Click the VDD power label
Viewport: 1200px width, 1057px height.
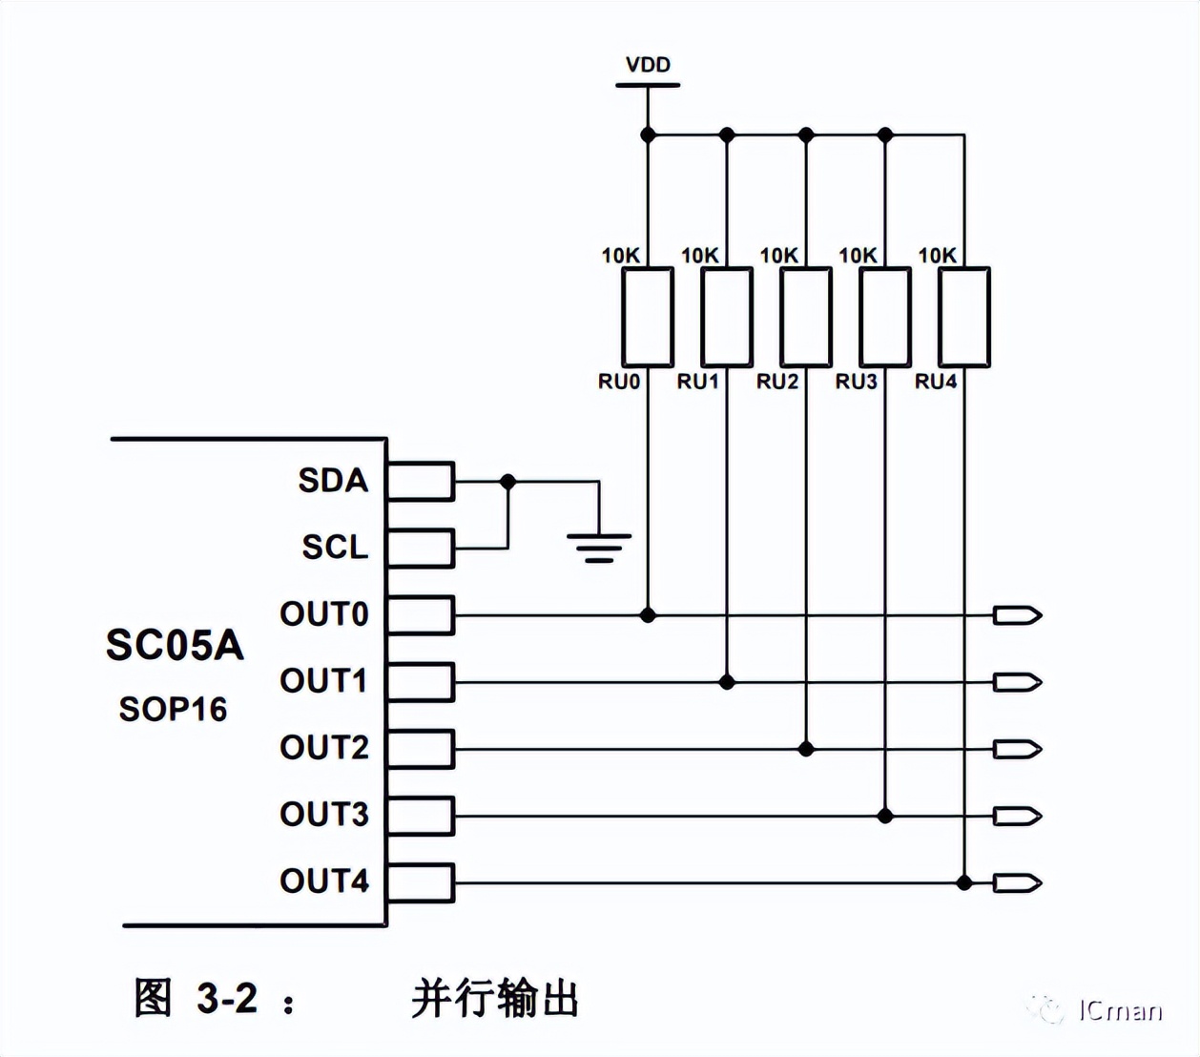648,65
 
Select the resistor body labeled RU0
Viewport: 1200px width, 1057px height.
648,317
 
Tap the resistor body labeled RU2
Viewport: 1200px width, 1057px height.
806,317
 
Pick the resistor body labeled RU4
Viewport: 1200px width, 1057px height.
964,317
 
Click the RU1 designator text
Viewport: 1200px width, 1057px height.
698,382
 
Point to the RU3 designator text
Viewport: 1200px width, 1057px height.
857,382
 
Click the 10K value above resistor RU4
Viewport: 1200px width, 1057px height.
937,256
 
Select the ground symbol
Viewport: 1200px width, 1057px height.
599,547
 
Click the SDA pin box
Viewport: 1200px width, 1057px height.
421,481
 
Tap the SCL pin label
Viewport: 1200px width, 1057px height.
335,548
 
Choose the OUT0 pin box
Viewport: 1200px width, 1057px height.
421,615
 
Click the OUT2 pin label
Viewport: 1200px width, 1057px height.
324,748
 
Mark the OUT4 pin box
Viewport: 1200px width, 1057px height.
421,882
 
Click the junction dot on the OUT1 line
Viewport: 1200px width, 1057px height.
727,682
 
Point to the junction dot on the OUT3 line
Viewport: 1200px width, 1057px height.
885,816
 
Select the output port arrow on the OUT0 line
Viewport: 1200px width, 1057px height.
1017,615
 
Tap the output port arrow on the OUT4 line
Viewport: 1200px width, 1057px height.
1017,882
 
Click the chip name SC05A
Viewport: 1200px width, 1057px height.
175,646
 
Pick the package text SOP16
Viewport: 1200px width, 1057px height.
173,710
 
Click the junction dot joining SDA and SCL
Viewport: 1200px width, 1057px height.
508,482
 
